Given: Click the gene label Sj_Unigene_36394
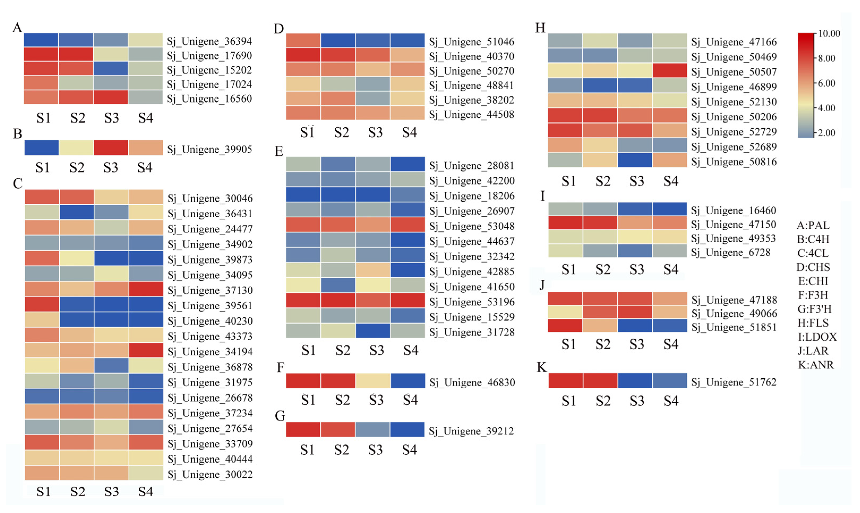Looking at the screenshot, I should click(209, 41).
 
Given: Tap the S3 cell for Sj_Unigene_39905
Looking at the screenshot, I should click(111, 148).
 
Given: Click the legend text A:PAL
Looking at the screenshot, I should click(813, 225).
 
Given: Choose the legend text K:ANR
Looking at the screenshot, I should click(816, 365).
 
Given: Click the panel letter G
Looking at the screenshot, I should click(280, 416).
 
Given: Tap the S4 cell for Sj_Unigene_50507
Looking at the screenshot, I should click(669, 70).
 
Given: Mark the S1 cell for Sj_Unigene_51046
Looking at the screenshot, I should click(303, 40).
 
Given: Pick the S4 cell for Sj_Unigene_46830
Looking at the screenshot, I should click(407, 381).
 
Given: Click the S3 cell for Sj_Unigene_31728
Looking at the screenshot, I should click(373, 331).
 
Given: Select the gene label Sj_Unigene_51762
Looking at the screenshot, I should click(734, 382).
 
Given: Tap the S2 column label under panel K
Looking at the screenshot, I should click(603, 401).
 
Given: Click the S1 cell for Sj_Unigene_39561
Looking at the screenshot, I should click(42, 304).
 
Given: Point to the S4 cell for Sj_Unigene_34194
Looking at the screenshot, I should click(146, 350).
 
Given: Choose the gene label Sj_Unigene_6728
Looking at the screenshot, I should click(730, 252).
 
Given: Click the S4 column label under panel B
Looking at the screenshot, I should click(145, 168).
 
